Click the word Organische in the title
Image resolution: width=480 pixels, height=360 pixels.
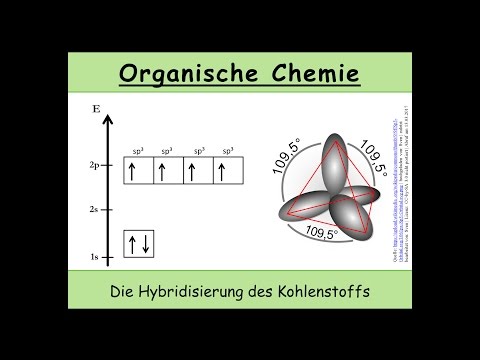[185, 75]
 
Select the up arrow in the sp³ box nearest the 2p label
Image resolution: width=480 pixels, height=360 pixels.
[131, 171]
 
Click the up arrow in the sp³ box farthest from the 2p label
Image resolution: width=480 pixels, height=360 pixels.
[223, 171]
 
